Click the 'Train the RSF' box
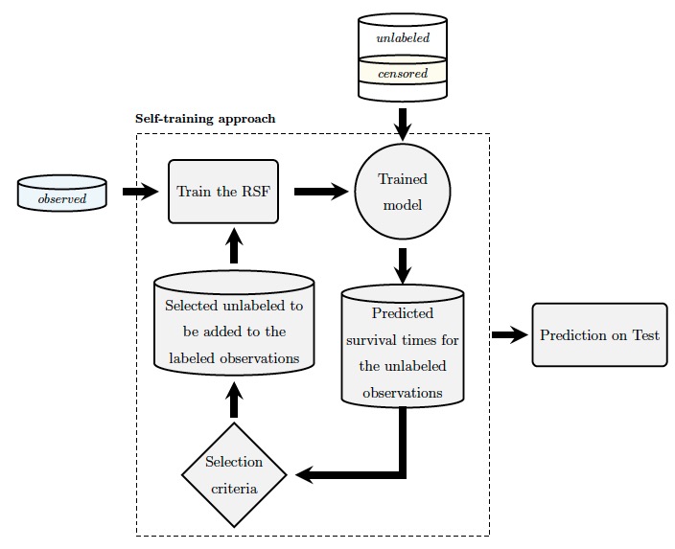[x=223, y=192]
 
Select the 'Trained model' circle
[x=403, y=192]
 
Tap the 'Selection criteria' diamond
[x=234, y=475]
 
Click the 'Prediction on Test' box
[x=599, y=334]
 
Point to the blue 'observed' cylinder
[x=62, y=194]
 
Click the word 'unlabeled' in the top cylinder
[x=403, y=38]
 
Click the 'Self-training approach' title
[x=205, y=119]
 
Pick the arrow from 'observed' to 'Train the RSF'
[x=141, y=192]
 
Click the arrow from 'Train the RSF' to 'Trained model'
[x=321, y=192]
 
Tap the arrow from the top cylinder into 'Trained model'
[x=403, y=125]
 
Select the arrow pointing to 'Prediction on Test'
[x=510, y=334]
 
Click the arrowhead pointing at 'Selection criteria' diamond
[x=304, y=475]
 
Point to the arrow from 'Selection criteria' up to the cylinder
[x=234, y=400]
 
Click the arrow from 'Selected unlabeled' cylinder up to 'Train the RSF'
[x=234, y=245]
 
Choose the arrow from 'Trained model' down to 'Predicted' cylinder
[x=403, y=266]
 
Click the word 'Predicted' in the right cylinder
[x=403, y=313]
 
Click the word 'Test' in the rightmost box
[x=645, y=334]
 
